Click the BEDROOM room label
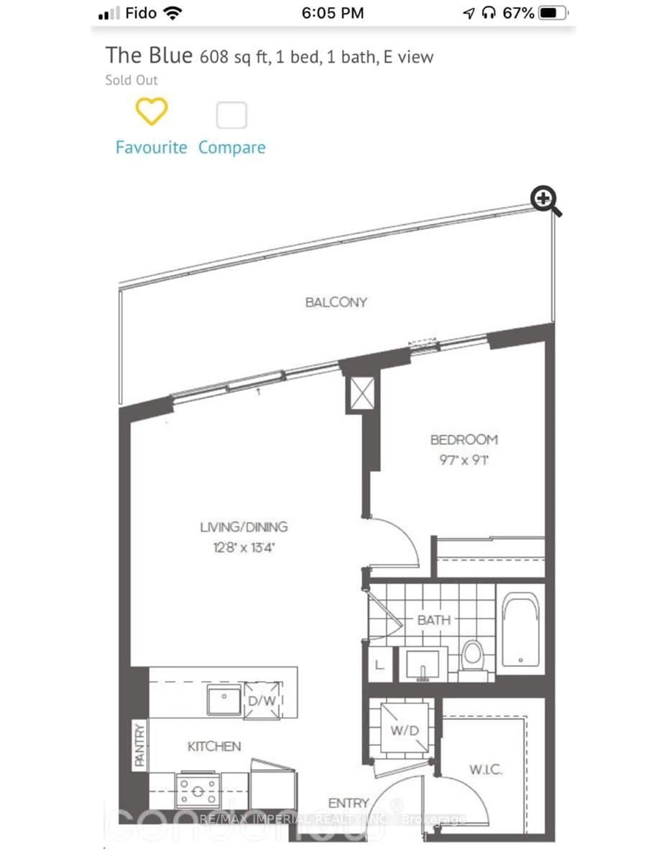point(464,440)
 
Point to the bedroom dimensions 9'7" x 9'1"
point(464,460)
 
